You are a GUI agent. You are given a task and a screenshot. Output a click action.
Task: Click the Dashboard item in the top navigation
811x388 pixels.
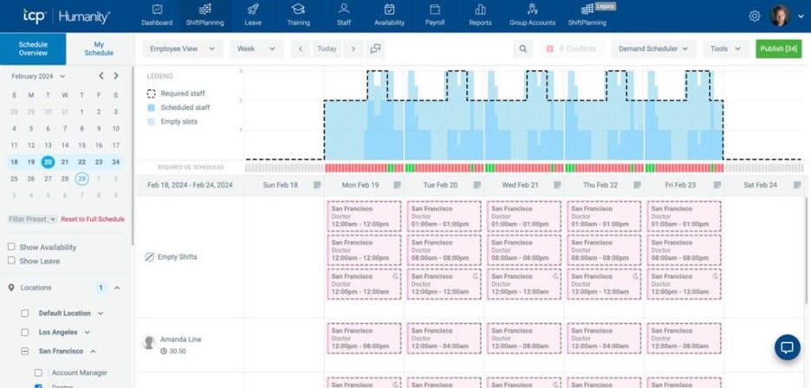tap(156, 15)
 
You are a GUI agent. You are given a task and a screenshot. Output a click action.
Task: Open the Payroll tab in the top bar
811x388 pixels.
tap(434, 15)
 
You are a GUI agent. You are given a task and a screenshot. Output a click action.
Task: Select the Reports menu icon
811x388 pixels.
tap(480, 15)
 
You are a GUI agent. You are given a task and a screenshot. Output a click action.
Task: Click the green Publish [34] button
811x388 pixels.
tap(778, 49)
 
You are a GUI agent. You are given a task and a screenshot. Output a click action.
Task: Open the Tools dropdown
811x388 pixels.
tap(725, 49)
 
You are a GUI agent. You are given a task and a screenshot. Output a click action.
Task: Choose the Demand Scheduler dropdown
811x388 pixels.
tap(654, 49)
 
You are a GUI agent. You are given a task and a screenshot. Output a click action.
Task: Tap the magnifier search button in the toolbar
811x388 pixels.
tap(523, 49)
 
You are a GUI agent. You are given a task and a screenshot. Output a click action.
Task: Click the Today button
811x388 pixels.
tap(327, 49)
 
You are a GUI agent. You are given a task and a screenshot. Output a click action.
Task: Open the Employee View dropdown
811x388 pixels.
tap(183, 49)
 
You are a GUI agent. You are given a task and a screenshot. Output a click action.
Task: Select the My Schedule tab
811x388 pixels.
tap(99, 48)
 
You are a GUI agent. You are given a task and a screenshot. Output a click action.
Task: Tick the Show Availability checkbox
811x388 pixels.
tap(11, 248)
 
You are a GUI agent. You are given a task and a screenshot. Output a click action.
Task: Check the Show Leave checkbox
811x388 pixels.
tap(11, 261)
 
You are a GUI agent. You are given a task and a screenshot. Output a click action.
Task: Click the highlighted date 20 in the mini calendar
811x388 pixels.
tap(48, 162)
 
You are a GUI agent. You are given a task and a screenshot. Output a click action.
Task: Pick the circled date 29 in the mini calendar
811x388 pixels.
tap(81, 179)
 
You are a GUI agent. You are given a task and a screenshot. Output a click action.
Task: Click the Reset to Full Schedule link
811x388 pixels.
tap(93, 219)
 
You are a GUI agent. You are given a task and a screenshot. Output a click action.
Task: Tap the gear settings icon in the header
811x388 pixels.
tap(755, 16)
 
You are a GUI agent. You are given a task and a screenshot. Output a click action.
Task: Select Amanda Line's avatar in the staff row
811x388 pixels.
tap(149, 342)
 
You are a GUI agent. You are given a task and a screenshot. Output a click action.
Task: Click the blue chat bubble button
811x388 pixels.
tap(787, 347)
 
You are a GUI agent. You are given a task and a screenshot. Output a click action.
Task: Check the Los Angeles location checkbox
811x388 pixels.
tap(25, 333)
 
